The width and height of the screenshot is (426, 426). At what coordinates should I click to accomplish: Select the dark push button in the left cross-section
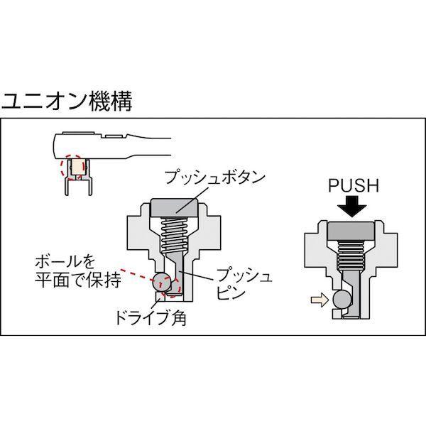pos(173,209)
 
